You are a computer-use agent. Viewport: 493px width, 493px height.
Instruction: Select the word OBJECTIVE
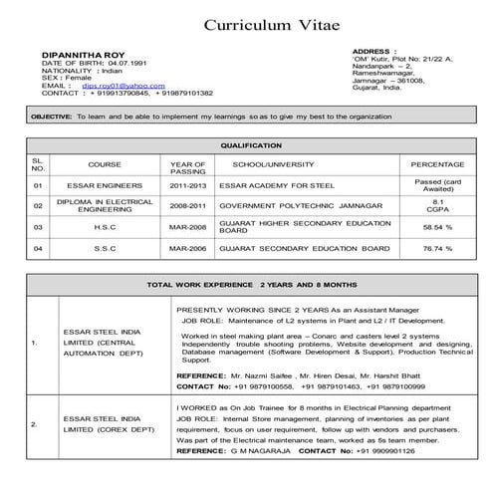click(52, 117)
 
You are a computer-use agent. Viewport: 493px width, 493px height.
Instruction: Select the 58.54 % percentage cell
click(437, 227)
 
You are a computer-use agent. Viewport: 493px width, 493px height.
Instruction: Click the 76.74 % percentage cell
click(437, 248)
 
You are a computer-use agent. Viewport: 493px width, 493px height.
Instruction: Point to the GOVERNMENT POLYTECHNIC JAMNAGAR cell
click(286, 206)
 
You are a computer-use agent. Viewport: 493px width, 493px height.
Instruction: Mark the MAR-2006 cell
click(187, 248)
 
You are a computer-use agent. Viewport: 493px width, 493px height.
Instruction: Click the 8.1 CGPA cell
click(437, 205)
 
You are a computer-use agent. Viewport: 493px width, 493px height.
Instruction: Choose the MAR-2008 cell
click(187, 227)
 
